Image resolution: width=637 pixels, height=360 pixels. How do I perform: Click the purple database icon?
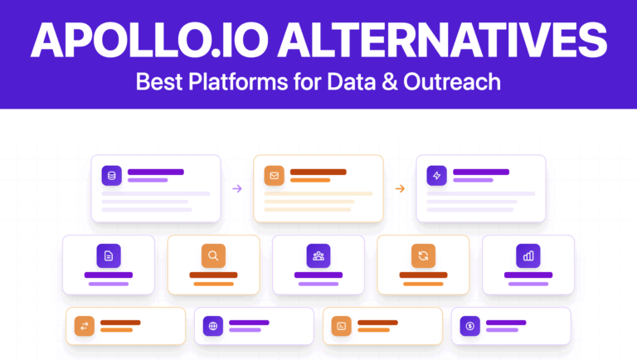point(112,176)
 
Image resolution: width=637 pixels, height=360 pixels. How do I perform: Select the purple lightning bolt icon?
point(436,176)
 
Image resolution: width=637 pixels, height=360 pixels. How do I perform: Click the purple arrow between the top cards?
point(237,189)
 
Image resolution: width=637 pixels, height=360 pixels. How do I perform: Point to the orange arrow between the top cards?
point(400,189)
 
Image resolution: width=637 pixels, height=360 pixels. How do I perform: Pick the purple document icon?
point(109,255)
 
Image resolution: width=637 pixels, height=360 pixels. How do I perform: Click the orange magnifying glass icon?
point(213,255)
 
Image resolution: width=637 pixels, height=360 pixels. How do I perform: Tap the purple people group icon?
point(318,255)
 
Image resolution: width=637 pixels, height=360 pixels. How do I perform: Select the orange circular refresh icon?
point(423,255)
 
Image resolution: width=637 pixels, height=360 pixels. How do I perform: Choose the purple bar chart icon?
point(528,255)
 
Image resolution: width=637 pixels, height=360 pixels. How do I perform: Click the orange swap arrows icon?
point(84,326)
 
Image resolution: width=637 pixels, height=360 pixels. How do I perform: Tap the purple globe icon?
point(213,326)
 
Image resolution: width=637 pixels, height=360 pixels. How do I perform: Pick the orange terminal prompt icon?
point(341,326)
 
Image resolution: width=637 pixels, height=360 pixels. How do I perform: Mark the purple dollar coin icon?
point(469,326)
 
